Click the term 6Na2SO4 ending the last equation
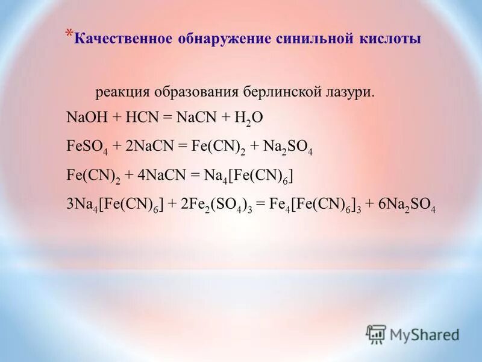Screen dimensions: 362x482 (406, 205)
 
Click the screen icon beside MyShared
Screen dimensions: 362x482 (376, 334)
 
